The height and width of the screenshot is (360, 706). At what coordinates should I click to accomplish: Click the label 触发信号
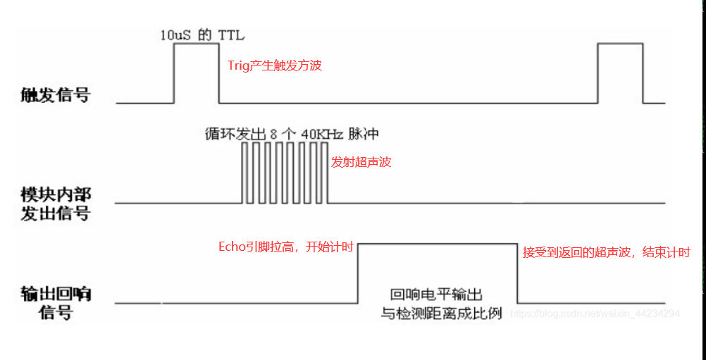pos(56,95)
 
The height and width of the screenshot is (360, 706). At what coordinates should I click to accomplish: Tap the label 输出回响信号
pos(56,302)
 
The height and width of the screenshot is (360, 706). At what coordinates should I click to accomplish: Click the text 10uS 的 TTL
pos(202,35)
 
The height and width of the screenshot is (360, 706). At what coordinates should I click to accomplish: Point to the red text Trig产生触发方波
pos(275,66)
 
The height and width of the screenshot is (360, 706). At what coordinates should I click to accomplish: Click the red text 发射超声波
pos(361,162)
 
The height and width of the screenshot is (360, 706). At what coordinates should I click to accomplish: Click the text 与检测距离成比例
pos(441,314)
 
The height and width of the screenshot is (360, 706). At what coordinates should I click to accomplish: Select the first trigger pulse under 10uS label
pos(197,70)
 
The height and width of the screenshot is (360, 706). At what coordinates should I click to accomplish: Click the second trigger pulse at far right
pos(620,70)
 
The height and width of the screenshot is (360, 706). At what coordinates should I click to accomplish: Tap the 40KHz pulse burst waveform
pos(285,173)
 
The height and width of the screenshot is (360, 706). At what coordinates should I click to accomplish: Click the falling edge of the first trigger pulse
pos(218,73)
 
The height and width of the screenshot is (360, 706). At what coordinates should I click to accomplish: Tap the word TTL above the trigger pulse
pos(231,35)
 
